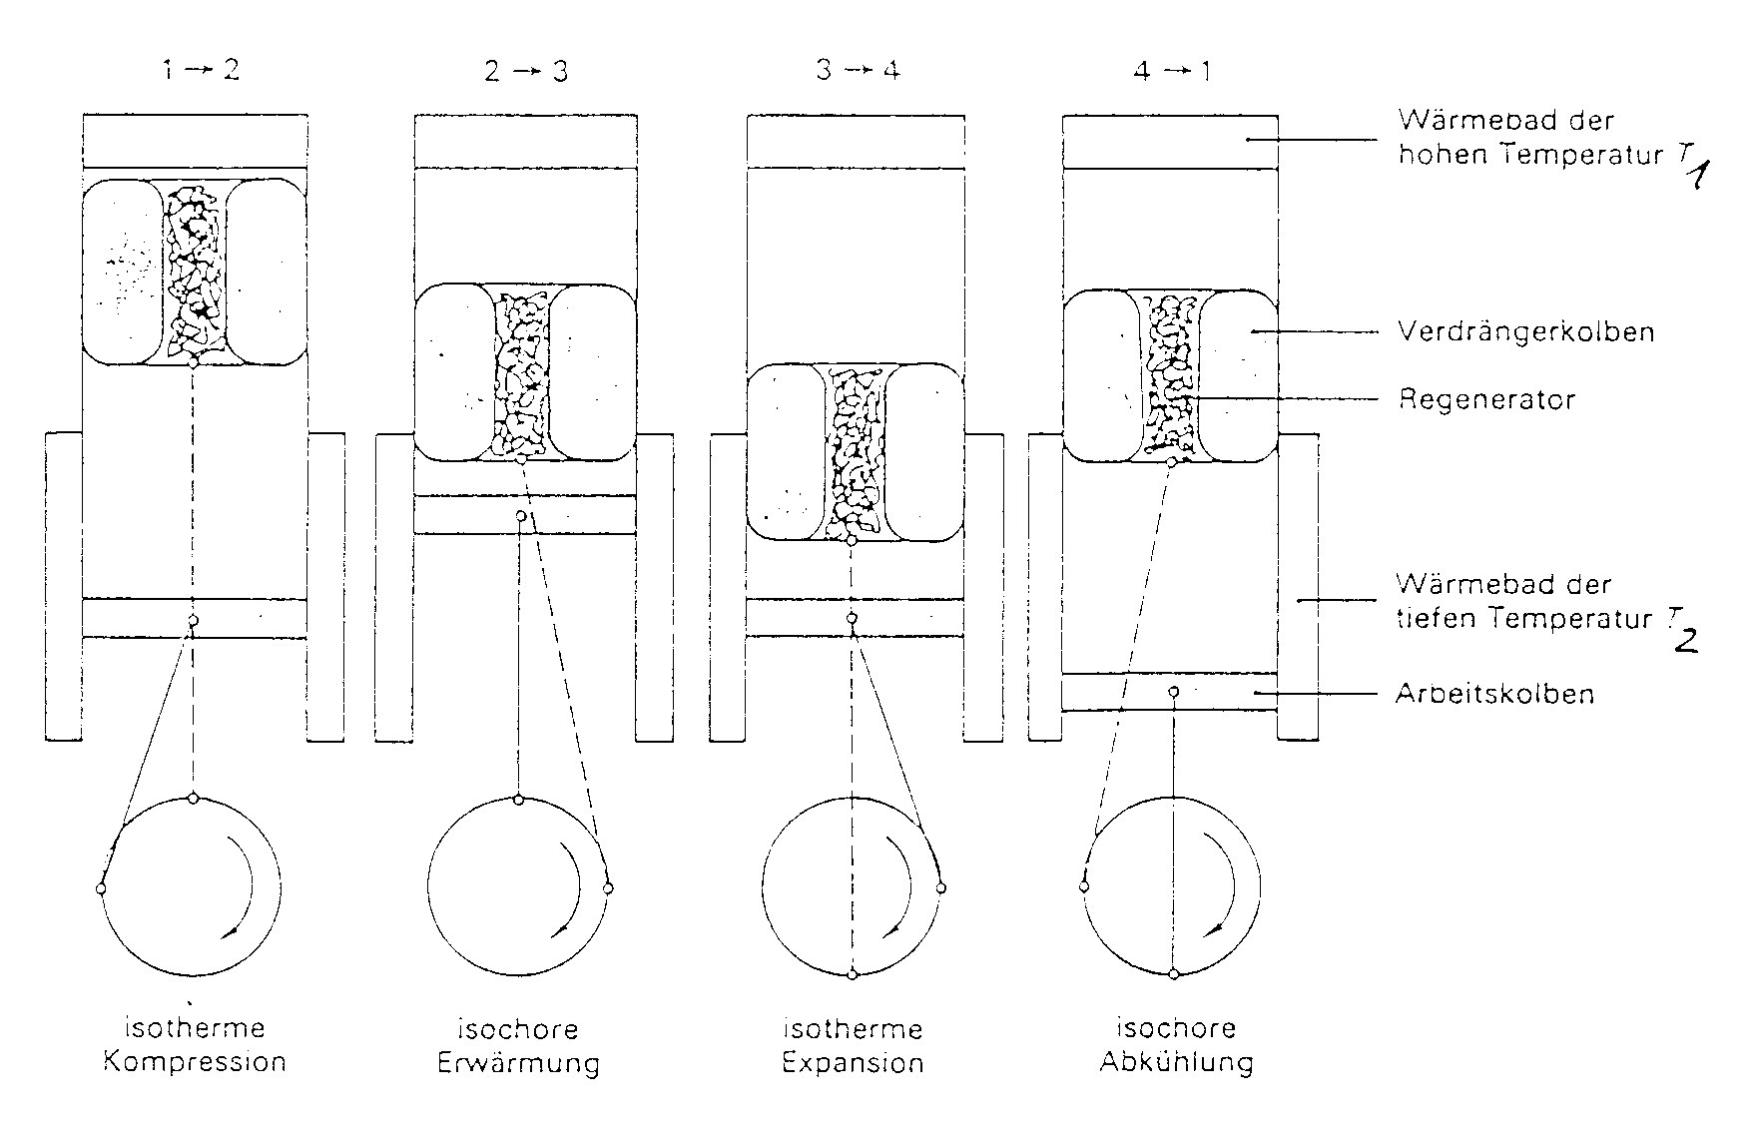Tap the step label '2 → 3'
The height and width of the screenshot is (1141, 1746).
(526, 72)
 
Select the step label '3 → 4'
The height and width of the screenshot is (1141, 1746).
(858, 71)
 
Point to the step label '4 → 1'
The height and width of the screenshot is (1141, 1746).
(1172, 72)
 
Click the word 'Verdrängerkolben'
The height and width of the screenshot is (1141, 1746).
(1526, 331)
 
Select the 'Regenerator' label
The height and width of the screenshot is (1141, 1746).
(1486, 400)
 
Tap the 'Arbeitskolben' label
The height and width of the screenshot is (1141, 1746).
(1494, 694)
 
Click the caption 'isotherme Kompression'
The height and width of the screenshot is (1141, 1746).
(195, 1044)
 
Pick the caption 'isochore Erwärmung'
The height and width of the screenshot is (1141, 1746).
(518, 1045)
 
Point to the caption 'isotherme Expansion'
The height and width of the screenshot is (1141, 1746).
(853, 1045)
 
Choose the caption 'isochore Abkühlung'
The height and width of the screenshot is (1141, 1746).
(1176, 1044)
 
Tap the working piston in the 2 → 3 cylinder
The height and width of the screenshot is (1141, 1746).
(525, 515)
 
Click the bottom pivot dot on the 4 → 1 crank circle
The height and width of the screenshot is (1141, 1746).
(1174, 973)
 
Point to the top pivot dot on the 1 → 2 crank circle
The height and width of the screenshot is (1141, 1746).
(193, 799)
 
